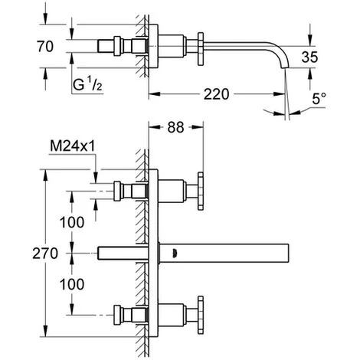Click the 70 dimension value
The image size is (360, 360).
click(x=45, y=46)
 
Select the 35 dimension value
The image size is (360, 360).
click(x=309, y=57)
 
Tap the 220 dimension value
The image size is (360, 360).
click(x=216, y=94)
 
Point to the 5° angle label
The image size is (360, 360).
click(x=319, y=98)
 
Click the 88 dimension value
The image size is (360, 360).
click(x=175, y=127)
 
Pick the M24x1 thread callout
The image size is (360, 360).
click(x=73, y=146)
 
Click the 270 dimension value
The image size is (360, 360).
click(x=45, y=254)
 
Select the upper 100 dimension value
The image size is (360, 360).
click(x=72, y=222)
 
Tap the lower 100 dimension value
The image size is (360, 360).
click(x=72, y=284)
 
